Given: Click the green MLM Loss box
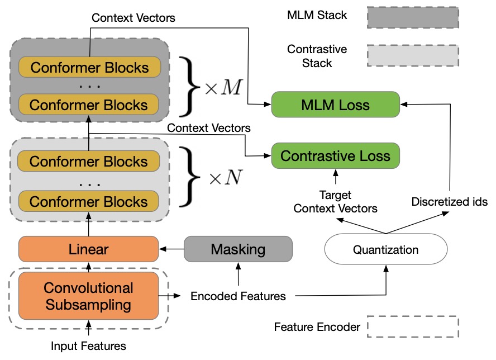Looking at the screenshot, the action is pos(335,105).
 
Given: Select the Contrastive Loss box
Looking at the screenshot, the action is pos(335,156).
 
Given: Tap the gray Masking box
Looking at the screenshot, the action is pos(238,249).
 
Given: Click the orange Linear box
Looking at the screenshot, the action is pos(89,249).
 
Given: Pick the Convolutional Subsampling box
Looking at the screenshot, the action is pos(89,296).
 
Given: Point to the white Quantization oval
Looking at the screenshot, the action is pos(386,249).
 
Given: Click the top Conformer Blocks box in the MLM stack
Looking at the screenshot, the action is pos(90,67).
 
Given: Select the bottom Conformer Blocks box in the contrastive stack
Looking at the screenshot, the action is pos(89,201).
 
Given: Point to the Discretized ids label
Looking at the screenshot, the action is pos(450,202).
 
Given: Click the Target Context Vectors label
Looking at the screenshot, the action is pos(335,202).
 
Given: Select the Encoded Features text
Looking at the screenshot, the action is pos(238,296).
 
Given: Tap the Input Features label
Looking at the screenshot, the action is pos(89,346).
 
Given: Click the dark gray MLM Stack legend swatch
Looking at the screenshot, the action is pos(413,18).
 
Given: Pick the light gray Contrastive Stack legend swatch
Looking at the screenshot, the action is pos(413,56).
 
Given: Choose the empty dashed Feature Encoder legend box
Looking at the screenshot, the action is pos(413,326).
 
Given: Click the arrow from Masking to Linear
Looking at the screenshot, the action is pos(171,249).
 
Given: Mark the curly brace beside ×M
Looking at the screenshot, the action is pos(189,87).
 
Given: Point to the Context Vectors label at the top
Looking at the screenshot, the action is pos(133,18).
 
